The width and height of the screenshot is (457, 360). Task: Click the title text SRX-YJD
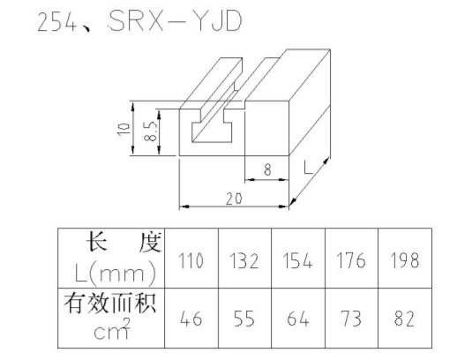(x=176, y=21)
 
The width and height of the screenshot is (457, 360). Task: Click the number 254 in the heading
(x=56, y=22)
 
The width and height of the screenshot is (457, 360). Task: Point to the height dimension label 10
(x=124, y=129)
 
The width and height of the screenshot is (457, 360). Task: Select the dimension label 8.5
(x=151, y=131)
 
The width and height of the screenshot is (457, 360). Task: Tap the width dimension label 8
(x=267, y=169)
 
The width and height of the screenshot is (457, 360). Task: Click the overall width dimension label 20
(x=234, y=199)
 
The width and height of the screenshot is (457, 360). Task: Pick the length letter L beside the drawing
(x=308, y=168)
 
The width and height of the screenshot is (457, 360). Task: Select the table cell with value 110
(x=191, y=260)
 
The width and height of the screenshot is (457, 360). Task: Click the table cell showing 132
(x=244, y=260)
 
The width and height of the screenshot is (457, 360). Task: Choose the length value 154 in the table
(x=297, y=260)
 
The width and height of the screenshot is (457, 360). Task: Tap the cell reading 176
(x=351, y=260)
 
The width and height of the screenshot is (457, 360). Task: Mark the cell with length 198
(x=405, y=260)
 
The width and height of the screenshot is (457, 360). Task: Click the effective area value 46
(x=191, y=319)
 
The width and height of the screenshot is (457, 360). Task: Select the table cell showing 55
(x=244, y=319)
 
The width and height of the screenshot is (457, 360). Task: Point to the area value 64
(x=298, y=319)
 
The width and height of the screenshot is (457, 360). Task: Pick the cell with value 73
(x=351, y=319)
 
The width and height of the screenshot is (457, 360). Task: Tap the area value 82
(x=405, y=319)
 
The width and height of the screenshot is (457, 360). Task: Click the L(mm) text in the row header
(x=115, y=273)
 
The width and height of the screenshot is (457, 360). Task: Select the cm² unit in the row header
(x=112, y=329)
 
